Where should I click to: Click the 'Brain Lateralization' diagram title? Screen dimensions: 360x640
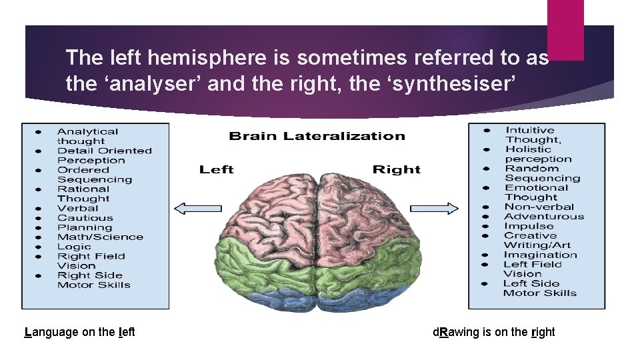(x=317, y=136)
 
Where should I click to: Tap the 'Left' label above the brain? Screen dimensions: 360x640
(x=216, y=169)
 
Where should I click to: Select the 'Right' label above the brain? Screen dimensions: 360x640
(x=397, y=169)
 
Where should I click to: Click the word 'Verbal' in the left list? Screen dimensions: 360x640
(x=78, y=208)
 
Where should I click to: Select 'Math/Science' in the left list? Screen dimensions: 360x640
(x=100, y=237)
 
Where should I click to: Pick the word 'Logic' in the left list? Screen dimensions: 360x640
(x=74, y=247)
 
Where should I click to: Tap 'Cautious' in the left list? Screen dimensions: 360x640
(x=85, y=217)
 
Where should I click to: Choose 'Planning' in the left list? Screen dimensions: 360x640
(x=85, y=227)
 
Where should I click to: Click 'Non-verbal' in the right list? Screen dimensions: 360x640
(x=535, y=207)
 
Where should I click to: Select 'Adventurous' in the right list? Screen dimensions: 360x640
(x=544, y=216)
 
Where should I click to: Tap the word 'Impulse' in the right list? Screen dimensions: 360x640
(x=529, y=226)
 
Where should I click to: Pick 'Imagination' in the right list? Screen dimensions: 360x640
(x=540, y=255)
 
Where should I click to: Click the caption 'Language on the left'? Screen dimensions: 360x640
(x=79, y=332)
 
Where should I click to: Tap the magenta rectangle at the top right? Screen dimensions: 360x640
(x=565, y=29)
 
